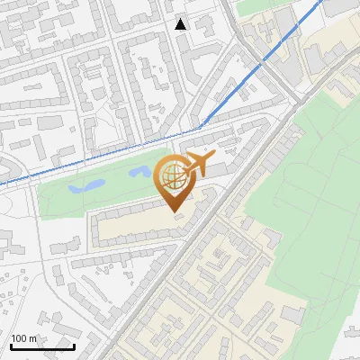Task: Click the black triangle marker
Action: [181, 24]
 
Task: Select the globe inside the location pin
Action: [173, 177]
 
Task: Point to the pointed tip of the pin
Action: [174, 213]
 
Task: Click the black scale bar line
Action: [42, 346]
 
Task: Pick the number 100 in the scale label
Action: [20, 337]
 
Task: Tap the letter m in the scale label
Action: [33, 337]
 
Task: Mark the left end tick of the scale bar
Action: [10, 345]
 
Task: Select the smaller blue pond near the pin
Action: [139, 170]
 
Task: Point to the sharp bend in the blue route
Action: [202, 124]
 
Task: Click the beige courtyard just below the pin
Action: [135, 225]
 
